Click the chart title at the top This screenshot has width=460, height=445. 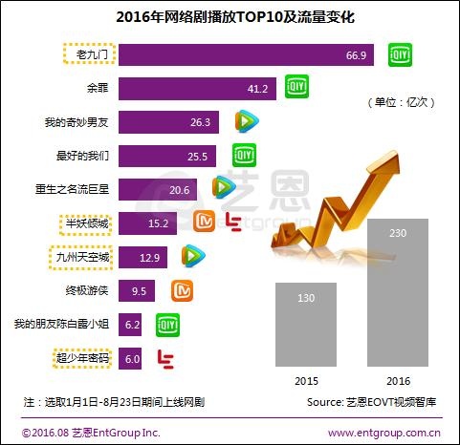pyautogui.click(x=230, y=17)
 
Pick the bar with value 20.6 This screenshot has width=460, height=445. pyautogui.click(x=158, y=189)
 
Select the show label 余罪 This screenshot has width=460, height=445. pyautogui.click(x=85, y=89)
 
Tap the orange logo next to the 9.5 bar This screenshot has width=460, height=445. pyautogui.click(x=182, y=290)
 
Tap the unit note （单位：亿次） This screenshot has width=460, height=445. pyautogui.click(x=403, y=101)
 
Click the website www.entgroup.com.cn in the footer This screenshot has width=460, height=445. pyautogui.click(x=383, y=433)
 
